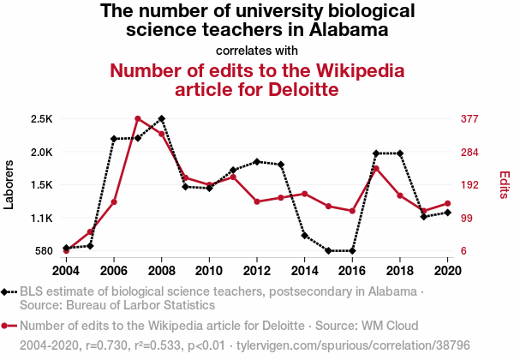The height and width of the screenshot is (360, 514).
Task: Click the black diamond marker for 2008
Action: pyautogui.click(x=161, y=118)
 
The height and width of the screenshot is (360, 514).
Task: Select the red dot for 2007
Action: pyautogui.click(x=137, y=118)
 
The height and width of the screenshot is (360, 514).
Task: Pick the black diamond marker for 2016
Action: pyautogui.click(x=352, y=251)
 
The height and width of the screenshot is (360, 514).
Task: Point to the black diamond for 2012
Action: pyautogui.click(x=256, y=161)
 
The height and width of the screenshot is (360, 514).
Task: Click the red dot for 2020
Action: pyautogui.click(x=447, y=203)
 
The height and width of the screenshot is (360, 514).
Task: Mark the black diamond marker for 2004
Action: pyautogui.click(x=66, y=248)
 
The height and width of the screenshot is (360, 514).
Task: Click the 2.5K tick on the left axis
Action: pyautogui.click(x=41, y=119)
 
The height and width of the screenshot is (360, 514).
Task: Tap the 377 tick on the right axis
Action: pyautogui.click(x=469, y=119)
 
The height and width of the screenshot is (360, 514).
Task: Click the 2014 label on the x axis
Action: pyautogui.click(x=304, y=271)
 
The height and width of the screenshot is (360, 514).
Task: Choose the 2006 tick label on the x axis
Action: pyautogui.click(x=113, y=271)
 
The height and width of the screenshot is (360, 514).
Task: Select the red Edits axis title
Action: pyautogui.click(x=504, y=184)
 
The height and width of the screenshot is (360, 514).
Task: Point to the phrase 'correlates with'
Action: pyautogui.click(x=257, y=50)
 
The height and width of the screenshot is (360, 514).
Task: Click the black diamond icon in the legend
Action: pyautogui.click(x=7, y=292)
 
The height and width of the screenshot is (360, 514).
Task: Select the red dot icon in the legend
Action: pyautogui.click(x=7, y=326)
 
